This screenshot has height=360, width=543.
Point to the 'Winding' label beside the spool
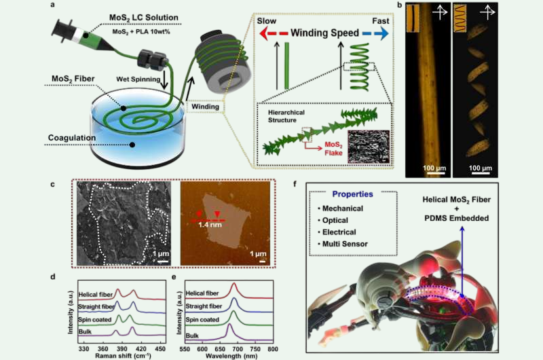[203, 105]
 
